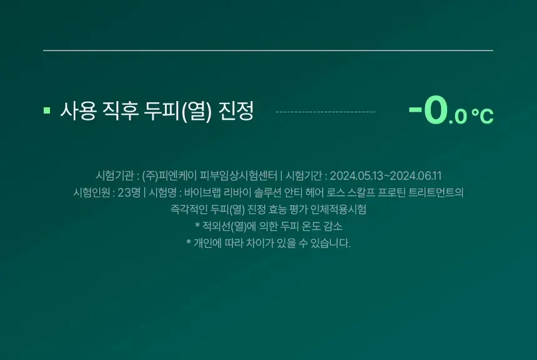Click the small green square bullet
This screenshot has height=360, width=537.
47,110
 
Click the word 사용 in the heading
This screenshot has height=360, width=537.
78,110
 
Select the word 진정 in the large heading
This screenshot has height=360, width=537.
236,110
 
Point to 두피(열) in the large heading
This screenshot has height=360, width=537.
178,111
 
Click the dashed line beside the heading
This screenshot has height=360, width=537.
326,112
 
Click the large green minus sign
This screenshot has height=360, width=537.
415,109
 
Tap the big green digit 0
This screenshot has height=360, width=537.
436,110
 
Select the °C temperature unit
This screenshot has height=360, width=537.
482,116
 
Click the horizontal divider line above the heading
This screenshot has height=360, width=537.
268,51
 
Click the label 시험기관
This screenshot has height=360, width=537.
114,175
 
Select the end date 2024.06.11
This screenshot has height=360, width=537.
416,176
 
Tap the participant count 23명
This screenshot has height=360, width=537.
129,192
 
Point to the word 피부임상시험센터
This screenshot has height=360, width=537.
239,175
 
